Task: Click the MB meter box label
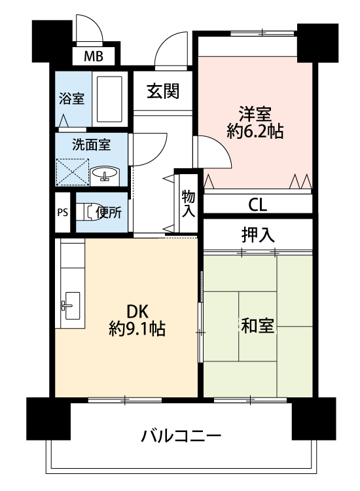(94, 57)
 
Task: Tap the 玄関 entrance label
(163, 92)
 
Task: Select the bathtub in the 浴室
(109, 99)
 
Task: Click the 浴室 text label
(72, 99)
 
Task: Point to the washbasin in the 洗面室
(105, 173)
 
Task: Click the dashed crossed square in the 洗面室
(73, 172)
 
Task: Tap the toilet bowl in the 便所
(88, 212)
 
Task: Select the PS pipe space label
(63, 213)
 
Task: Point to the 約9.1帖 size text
(137, 329)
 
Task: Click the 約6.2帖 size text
(255, 131)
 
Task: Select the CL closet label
(257, 205)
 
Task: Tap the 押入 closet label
(258, 235)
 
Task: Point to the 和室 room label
(258, 325)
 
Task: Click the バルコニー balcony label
(181, 436)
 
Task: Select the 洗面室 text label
(91, 145)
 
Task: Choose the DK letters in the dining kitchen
(137, 312)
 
